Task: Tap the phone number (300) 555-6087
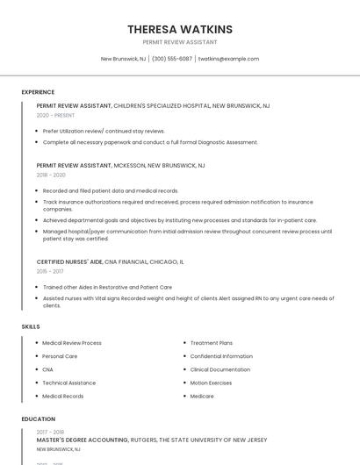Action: [x=172, y=59]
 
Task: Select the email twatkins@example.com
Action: [x=228, y=59]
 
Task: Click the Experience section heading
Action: [x=38, y=92]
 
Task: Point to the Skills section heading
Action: [x=31, y=326]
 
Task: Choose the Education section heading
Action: [x=39, y=419]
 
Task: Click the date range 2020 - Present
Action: [x=55, y=115]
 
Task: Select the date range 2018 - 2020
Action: [x=51, y=175]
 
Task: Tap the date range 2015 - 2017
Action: [x=50, y=272]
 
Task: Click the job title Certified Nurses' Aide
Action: [x=70, y=261]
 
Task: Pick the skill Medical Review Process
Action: [x=72, y=343]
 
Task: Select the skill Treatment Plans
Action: [x=212, y=343]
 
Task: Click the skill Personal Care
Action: [x=60, y=356]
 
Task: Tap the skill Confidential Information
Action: [x=221, y=356]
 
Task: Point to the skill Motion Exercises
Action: [x=212, y=383]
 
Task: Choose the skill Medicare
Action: [x=203, y=396]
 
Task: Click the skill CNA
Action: [x=47, y=369]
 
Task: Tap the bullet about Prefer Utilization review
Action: [x=104, y=131]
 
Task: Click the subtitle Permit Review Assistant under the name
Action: [x=179, y=42]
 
